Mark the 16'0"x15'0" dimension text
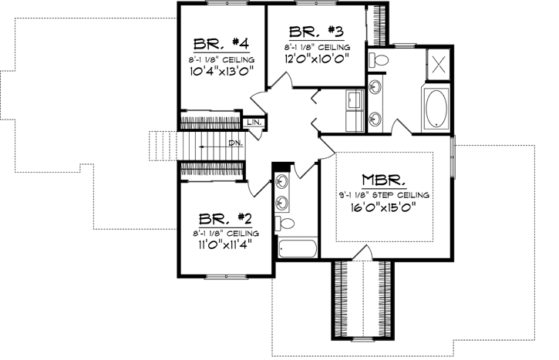(x=383, y=207)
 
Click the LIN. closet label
(x=254, y=123)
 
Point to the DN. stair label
(x=235, y=144)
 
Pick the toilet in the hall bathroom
(x=287, y=224)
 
